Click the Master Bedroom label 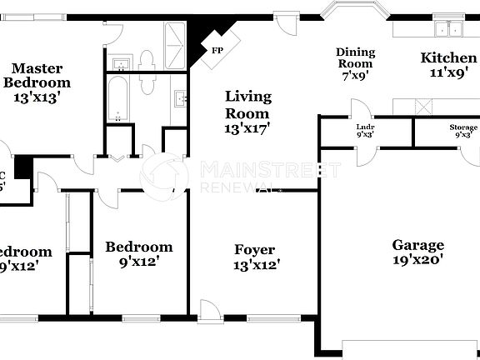[x=37, y=75]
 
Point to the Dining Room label [x=355, y=57]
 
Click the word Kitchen [x=448, y=57]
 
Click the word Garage [x=417, y=245]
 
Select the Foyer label [x=255, y=250]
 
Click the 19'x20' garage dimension [x=417, y=259]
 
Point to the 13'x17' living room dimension [x=247, y=128]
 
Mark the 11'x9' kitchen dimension [x=448, y=72]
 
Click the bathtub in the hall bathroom [x=118, y=99]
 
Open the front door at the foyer [x=210, y=311]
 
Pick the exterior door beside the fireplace [x=289, y=22]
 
